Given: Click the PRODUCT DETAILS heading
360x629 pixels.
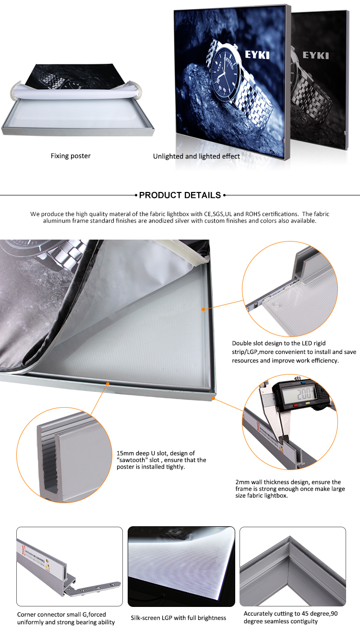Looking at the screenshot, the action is [180, 195].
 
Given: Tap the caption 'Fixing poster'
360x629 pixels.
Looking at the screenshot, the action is [71, 156].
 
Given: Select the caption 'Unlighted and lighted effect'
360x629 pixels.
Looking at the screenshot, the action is [196, 157].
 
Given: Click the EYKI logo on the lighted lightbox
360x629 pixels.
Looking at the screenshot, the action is [257, 55].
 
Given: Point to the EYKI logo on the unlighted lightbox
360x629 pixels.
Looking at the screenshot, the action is [316, 55].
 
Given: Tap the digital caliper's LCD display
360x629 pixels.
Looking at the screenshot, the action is [300, 394].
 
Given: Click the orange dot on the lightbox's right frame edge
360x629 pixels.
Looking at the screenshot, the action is [204, 309].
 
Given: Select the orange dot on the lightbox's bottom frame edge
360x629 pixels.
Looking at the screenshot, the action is [108, 384].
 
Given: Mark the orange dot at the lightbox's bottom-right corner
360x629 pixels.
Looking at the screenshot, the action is [214, 398].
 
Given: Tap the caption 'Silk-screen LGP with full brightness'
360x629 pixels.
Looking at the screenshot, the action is [178, 618].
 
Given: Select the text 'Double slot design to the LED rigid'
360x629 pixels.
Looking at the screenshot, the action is [278, 343].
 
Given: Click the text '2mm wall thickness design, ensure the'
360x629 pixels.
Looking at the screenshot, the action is [288, 482].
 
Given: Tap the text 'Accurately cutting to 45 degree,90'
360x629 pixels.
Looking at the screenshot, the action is [290, 614].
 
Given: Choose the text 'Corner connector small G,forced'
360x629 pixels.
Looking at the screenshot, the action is [61, 615].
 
